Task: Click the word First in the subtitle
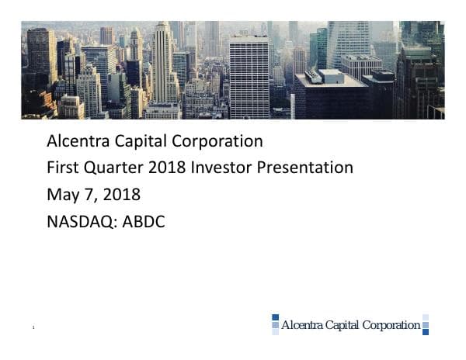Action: coord(63,167)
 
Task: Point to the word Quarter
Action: coord(115,167)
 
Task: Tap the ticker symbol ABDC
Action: coord(144,221)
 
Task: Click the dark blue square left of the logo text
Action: coord(275,318)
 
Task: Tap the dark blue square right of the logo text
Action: coord(426,331)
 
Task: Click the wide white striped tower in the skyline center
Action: coord(249,78)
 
